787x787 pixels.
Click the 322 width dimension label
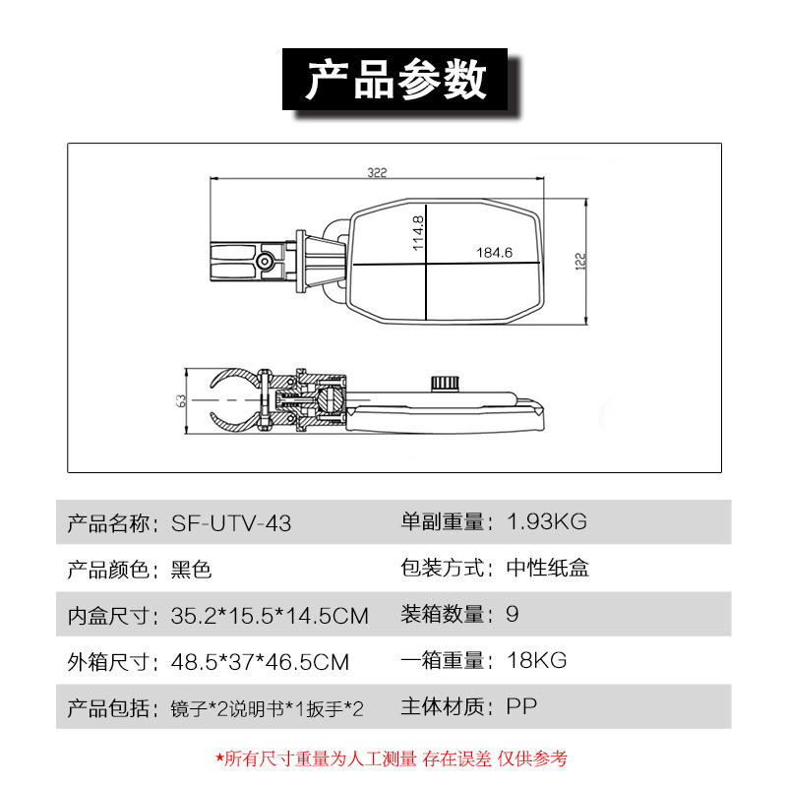click(377, 173)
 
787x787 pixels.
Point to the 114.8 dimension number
click(417, 233)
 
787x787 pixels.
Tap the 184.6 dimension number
click(495, 253)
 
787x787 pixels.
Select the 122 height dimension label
click(579, 262)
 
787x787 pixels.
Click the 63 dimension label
click(181, 400)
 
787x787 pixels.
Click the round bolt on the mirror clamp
click(265, 261)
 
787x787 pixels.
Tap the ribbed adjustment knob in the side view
click(445, 383)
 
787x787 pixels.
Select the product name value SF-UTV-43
click(231, 523)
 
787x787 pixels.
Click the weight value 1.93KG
click(547, 521)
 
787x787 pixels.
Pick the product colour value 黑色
click(191, 570)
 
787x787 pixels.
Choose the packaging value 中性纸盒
click(548, 568)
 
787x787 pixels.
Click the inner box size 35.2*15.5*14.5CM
click(270, 616)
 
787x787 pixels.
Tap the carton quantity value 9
click(513, 614)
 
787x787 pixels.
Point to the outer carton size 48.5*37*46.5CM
click(260, 662)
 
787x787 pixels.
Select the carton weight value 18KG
click(536, 660)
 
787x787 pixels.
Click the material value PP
click(521, 706)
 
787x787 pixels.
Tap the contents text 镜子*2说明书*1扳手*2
click(267, 708)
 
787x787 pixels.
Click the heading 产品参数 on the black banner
click(396, 80)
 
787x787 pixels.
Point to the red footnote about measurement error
click(392, 758)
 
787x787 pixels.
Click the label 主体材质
click(442, 706)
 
